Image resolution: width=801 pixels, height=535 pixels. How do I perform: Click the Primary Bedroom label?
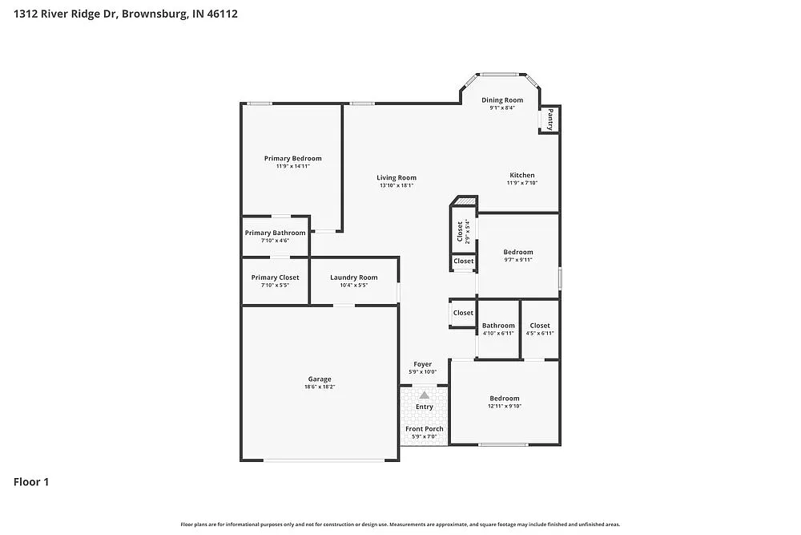tap(292, 159)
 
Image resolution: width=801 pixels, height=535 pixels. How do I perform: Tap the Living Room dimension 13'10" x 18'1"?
tap(396, 185)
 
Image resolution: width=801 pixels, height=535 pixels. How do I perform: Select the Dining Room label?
tap(501, 100)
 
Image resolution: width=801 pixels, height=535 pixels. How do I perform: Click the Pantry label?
tap(549, 120)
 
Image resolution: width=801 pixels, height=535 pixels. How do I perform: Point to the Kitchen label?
tap(521, 175)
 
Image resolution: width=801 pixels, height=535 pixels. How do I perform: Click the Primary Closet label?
tap(275, 278)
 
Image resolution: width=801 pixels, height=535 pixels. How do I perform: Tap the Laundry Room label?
tap(353, 278)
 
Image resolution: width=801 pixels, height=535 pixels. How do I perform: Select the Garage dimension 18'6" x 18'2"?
tap(320, 387)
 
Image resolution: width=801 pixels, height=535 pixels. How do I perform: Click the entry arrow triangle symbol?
tap(424, 395)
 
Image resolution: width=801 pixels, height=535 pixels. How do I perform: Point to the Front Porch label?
tap(424, 429)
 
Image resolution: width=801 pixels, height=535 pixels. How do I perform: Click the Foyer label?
tap(422, 364)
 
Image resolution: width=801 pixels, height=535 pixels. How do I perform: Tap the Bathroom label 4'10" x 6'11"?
tap(498, 326)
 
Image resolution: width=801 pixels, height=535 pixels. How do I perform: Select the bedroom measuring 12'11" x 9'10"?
tap(505, 399)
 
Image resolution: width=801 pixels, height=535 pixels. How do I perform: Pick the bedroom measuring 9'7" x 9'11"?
tap(517, 252)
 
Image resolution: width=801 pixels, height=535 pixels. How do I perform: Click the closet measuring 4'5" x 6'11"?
tap(539, 326)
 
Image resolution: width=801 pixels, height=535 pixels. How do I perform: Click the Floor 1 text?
tap(31, 482)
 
